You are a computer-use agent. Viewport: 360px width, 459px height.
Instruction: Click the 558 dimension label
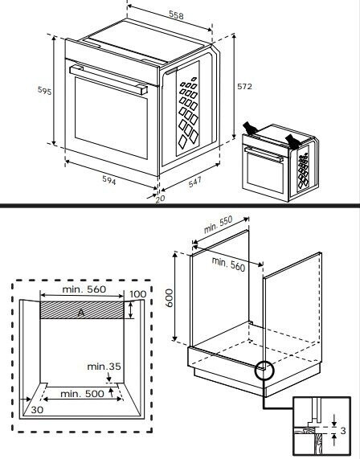tap(177, 15)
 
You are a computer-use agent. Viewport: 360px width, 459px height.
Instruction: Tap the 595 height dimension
tap(44, 91)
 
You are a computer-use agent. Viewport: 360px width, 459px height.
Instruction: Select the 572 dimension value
tap(244, 86)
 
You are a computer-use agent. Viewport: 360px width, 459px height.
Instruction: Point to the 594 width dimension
tap(109, 180)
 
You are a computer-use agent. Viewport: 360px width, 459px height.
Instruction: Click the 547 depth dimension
tap(195, 182)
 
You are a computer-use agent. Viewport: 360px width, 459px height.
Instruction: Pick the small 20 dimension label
tap(160, 199)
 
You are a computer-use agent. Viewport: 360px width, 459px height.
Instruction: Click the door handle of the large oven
tap(108, 80)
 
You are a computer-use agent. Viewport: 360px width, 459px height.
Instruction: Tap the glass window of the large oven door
tap(111, 118)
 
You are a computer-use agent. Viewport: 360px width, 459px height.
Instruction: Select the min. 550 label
tap(218, 224)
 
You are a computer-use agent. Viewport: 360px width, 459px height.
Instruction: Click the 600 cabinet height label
tap(170, 298)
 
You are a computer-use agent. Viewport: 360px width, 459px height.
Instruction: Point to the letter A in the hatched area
tap(81, 314)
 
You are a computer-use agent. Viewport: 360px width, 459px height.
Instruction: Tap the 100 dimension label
tap(137, 294)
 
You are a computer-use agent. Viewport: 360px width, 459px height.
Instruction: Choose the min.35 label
tap(104, 367)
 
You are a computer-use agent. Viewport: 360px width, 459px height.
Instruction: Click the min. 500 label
tap(82, 394)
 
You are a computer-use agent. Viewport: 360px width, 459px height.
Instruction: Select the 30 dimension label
tap(37, 410)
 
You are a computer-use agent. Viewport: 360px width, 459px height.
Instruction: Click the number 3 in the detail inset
tap(343, 431)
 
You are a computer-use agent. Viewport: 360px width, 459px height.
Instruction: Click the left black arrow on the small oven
tap(250, 129)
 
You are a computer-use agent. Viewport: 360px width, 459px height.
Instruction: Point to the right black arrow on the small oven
tap(292, 142)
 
